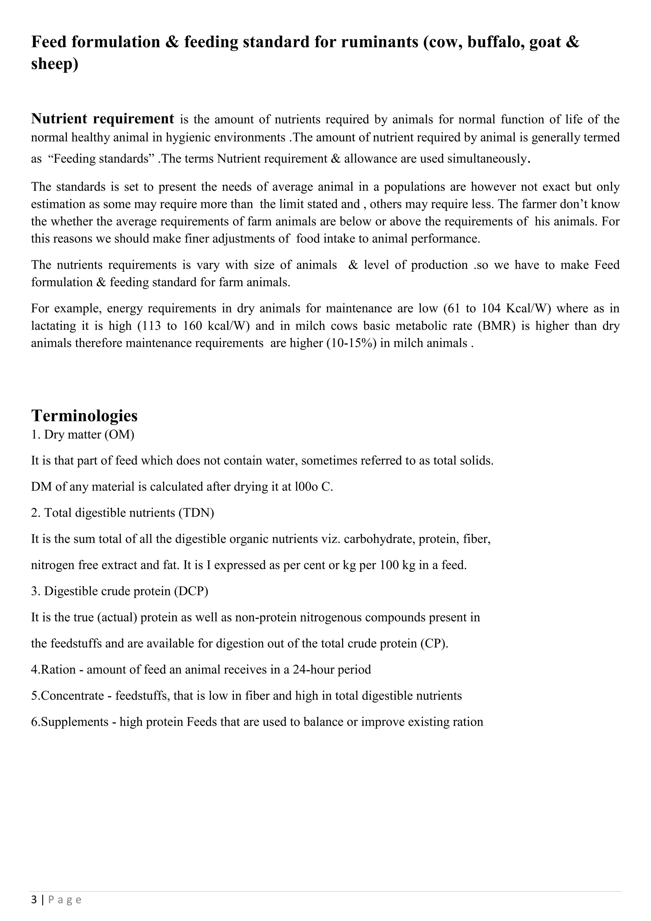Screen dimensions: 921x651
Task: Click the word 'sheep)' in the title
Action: pyautogui.click(x=55, y=64)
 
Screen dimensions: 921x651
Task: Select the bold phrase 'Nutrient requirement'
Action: pyautogui.click(x=103, y=119)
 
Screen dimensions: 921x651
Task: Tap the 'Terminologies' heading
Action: pyautogui.click(x=84, y=416)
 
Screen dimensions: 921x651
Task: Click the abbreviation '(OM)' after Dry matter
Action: pyautogui.click(x=119, y=434)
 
